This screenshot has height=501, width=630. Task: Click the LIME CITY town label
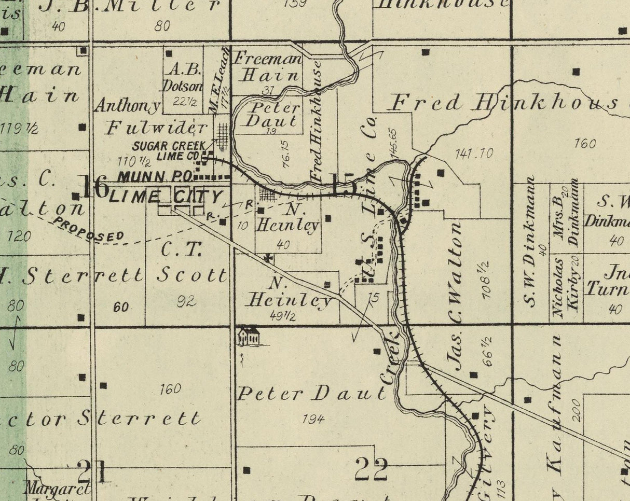[167, 197]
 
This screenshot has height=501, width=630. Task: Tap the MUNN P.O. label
[155, 176]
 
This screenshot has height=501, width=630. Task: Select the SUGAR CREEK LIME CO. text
[168, 151]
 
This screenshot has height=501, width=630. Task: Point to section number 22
[371, 469]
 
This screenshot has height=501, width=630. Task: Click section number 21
[93, 471]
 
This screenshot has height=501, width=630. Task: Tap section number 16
[94, 187]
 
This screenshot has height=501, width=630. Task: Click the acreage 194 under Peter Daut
[313, 418]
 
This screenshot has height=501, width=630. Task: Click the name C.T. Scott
[193, 262]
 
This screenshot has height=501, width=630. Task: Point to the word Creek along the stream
[390, 359]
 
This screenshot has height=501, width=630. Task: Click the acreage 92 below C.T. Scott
[186, 301]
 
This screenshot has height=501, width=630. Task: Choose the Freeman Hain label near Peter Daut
[267, 66]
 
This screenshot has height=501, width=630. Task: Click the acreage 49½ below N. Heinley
[283, 315]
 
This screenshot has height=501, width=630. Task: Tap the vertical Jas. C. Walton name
[454, 296]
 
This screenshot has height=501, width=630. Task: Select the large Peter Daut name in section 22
[312, 394]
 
